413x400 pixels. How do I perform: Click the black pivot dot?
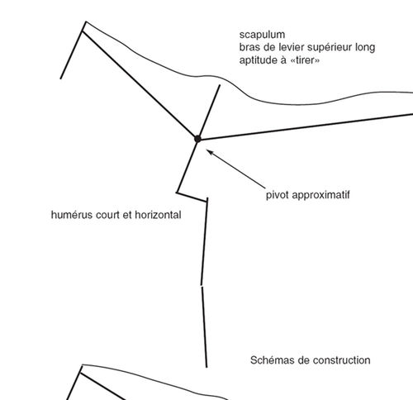click(197, 139)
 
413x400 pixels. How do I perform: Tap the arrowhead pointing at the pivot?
click(209, 152)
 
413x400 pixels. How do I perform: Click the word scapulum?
click(262, 35)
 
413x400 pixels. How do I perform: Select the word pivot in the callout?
click(278, 195)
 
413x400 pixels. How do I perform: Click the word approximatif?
click(320, 195)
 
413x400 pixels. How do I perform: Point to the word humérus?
click(72, 215)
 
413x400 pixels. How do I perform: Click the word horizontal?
click(158, 215)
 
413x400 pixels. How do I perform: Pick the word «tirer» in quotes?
click(305, 60)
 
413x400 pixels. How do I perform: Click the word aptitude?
click(259, 60)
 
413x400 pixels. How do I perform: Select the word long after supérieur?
click(365, 48)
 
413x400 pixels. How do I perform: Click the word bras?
click(249, 47)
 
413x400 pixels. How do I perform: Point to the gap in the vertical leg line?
click(202, 286)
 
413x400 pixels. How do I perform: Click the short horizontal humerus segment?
click(192, 197)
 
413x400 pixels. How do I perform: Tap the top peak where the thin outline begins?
click(86, 21)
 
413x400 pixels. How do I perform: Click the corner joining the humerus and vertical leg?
click(207, 201)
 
